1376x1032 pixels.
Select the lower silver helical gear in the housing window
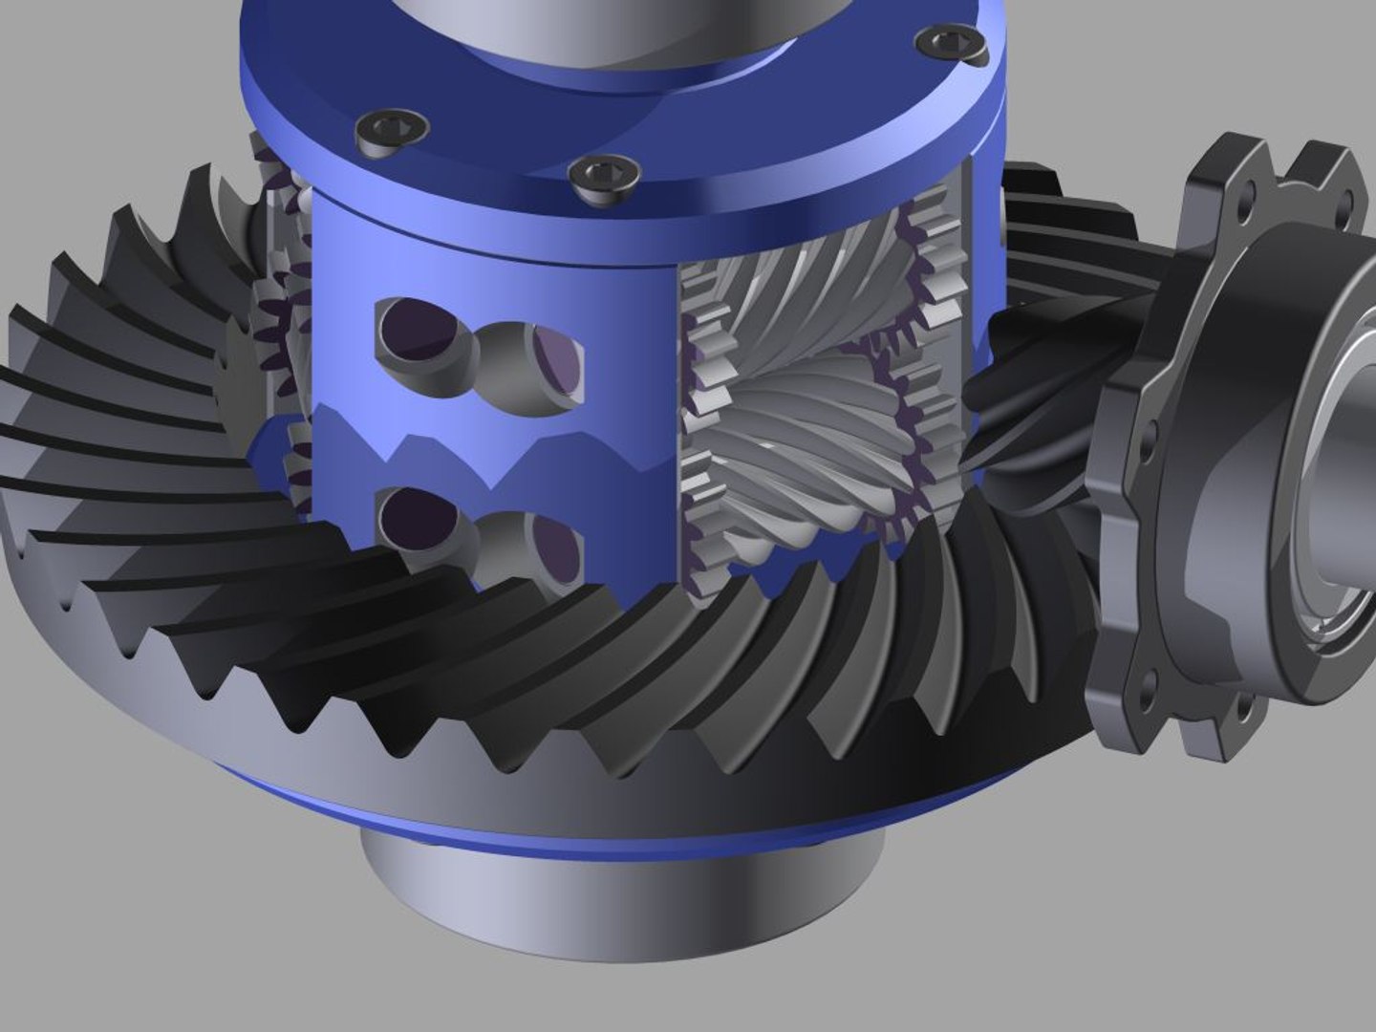click(x=803, y=440)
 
